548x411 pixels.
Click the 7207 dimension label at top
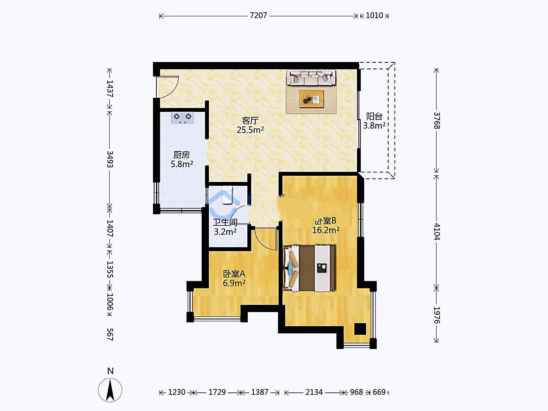coord(258,16)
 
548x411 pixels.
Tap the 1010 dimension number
coord(374,16)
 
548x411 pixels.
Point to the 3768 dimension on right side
coord(436,121)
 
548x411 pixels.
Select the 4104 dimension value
coord(436,232)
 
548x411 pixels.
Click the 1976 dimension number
coord(436,315)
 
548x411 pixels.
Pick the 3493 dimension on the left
coord(110,159)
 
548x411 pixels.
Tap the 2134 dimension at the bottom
coord(314,392)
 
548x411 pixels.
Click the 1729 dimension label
coord(217,392)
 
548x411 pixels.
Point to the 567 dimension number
coord(110,335)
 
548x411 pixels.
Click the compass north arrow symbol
coord(110,390)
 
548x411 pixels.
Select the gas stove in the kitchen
coord(183,118)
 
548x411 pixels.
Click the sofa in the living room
coord(311,77)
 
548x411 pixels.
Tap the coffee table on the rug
coord(312,99)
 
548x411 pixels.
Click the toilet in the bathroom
coord(227,195)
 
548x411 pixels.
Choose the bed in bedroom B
coord(309,268)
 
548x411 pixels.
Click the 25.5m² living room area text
coord(250,130)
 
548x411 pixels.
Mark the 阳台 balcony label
coord(374,116)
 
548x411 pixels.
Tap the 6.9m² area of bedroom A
coord(234,283)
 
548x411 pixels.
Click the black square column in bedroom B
coord(360,329)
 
